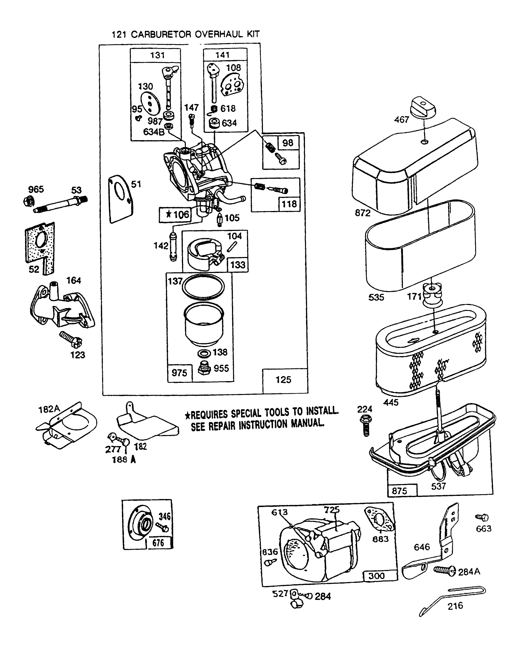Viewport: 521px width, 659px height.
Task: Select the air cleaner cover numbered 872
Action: [413, 167]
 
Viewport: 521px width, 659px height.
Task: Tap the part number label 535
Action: [377, 297]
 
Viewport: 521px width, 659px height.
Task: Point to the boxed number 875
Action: [399, 491]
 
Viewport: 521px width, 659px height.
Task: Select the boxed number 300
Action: [377, 576]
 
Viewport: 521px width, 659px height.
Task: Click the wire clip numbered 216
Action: [452, 598]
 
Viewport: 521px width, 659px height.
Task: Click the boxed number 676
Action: [158, 543]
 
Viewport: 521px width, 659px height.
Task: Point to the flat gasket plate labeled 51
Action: [121, 198]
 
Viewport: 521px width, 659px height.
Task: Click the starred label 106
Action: [176, 215]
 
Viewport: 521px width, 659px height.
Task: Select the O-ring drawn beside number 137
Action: [204, 287]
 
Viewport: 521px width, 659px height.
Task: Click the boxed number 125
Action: [283, 380]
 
